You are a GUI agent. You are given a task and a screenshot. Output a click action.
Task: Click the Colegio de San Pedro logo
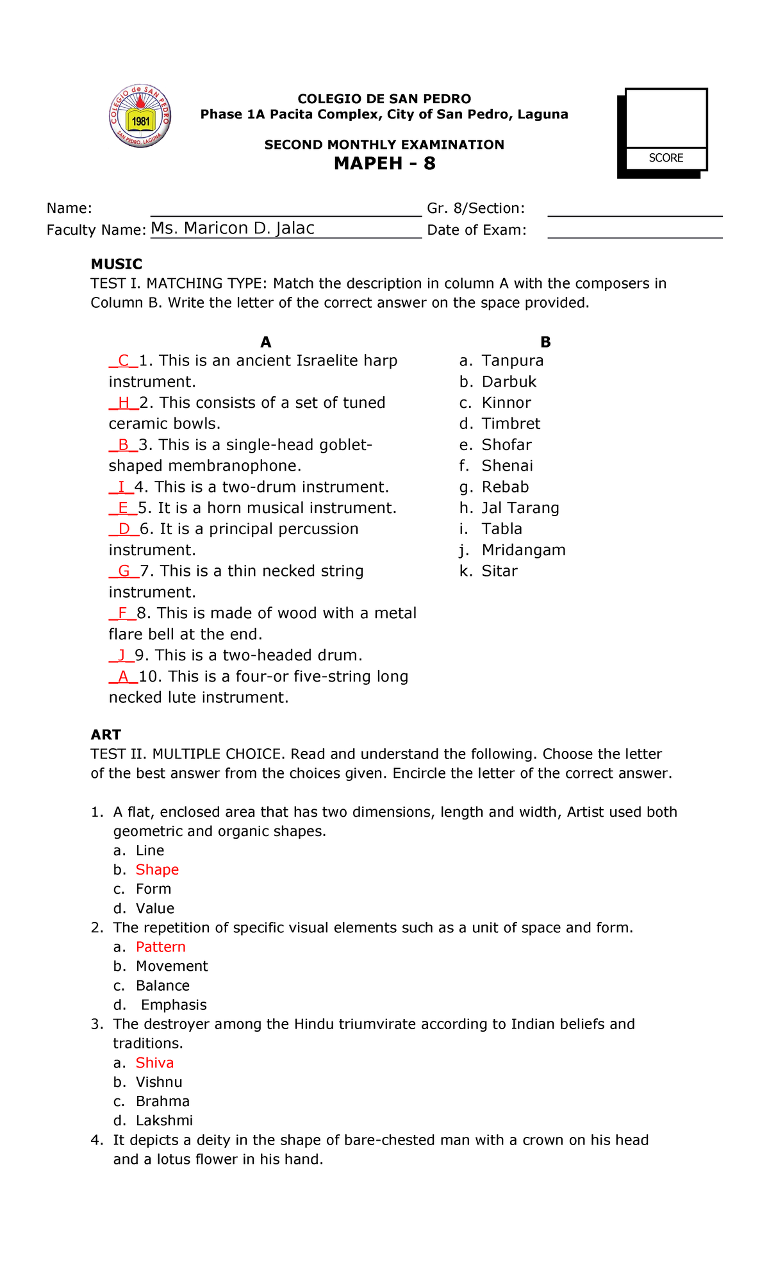tap(140, 117)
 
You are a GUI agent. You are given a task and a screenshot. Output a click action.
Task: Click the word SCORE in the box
tap(666, 158)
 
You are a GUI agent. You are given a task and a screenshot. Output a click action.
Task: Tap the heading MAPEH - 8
tap(384, 164)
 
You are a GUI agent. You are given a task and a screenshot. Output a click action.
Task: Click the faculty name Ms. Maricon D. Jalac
tap(232, 228)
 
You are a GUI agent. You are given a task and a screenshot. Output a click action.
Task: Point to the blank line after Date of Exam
tap(634, 232)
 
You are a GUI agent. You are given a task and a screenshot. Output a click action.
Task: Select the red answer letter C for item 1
tap(124, 360)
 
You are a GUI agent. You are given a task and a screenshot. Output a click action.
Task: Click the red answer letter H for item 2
tap(124, 403)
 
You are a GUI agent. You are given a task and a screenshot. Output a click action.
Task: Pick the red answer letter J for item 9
tap(121, 655)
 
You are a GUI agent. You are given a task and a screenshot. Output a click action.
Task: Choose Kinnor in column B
tap(506, 403)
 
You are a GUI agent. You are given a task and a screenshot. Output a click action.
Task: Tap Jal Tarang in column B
tap(520, 508)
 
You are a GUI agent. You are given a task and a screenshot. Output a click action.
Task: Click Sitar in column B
tap(499, 571)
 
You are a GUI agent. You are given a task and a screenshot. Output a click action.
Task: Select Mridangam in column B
tap(524, 550)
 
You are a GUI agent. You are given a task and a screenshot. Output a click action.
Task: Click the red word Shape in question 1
tap(157, 869)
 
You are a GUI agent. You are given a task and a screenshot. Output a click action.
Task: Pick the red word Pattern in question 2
tap(161, 947)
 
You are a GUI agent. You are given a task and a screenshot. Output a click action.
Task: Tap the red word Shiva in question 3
tap(154, 1062)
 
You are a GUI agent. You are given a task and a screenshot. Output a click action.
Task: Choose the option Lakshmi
tap(164, 1120)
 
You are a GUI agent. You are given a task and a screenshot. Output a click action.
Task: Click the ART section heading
tap(106, 735)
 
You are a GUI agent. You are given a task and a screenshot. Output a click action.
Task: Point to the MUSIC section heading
tap(116, 264)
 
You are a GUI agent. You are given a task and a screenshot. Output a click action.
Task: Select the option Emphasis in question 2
tap(174, 1005)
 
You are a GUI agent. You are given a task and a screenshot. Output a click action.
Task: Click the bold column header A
tap(266, 342)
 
